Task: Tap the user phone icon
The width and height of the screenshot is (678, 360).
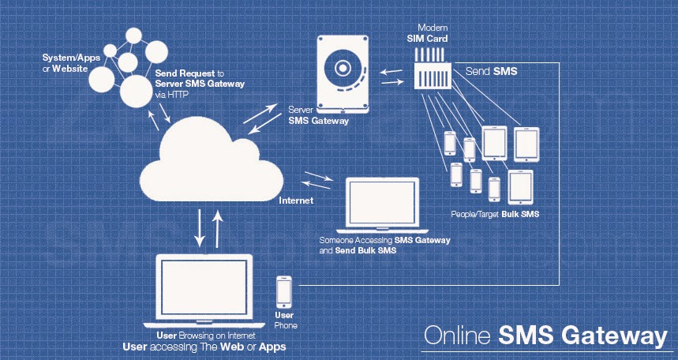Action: pos(284,293)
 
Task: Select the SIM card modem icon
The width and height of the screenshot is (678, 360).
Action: pos(433,70)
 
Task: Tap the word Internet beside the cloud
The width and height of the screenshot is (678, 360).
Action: pos(296,201)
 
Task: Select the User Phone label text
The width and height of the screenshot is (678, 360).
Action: pos(285,321)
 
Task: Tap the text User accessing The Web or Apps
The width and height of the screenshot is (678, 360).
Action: pos(204,347)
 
